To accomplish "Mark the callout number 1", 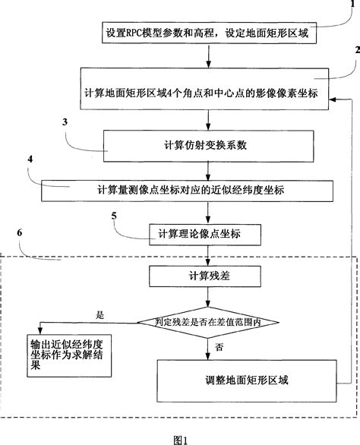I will pos(351,5).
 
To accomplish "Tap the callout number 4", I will pos(30,160).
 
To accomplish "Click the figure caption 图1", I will pos(179,438).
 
